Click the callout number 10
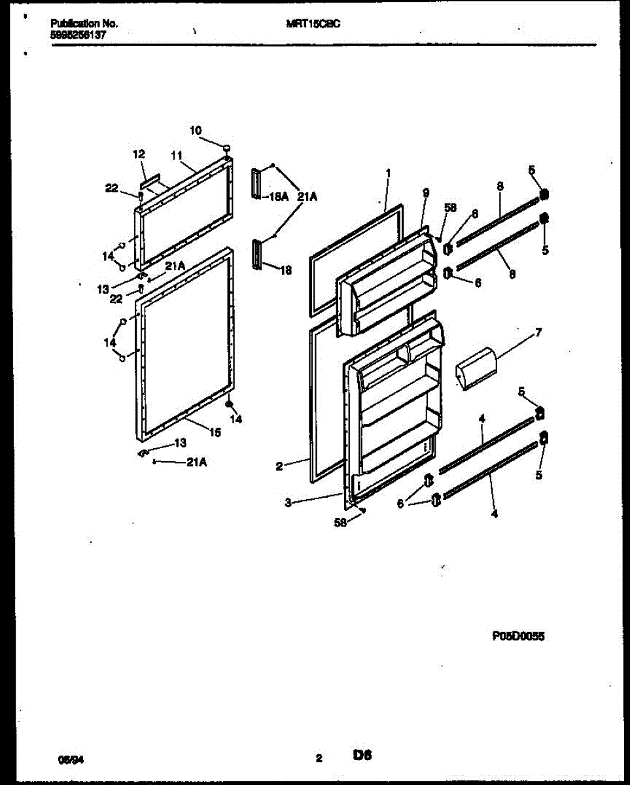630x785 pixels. click(x=196, y=130)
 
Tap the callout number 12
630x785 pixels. click(x=139, y=154)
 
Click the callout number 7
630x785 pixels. click(x=538, y=333)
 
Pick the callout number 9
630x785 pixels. click(x=425, y=193)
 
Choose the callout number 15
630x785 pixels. click(x=215, y=432)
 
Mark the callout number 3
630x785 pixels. click(x=289, y=502)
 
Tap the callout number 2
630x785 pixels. click(x=279, y=466)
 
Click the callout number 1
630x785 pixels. click(x=388, y=173)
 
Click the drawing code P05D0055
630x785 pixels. click(x=518, y=635)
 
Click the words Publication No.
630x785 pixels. click(x=84, y=23)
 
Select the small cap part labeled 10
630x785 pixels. click(x=226, y=148)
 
